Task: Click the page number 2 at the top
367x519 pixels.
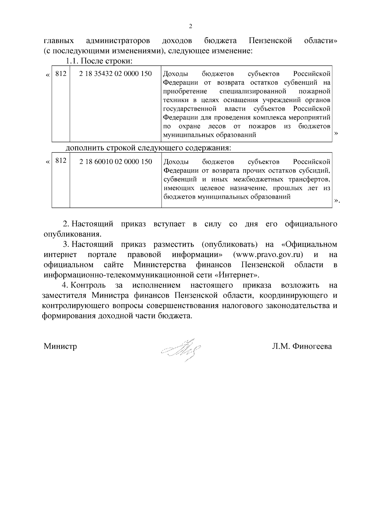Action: [191, 26]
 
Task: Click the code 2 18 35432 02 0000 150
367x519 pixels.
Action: [115, 74]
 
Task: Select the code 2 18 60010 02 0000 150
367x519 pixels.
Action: [116, 161]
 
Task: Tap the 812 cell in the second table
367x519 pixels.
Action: [61, 161]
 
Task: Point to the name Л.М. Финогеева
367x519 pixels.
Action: [302, 346]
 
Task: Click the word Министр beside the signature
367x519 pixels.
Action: [60, 346]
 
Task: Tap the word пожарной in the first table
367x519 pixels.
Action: [318, 91]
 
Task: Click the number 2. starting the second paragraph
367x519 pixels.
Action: [65, 224]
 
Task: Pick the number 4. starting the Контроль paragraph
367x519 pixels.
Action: [65, 285]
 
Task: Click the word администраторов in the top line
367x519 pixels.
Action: [118, 41]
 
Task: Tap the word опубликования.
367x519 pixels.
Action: [72, 234]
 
